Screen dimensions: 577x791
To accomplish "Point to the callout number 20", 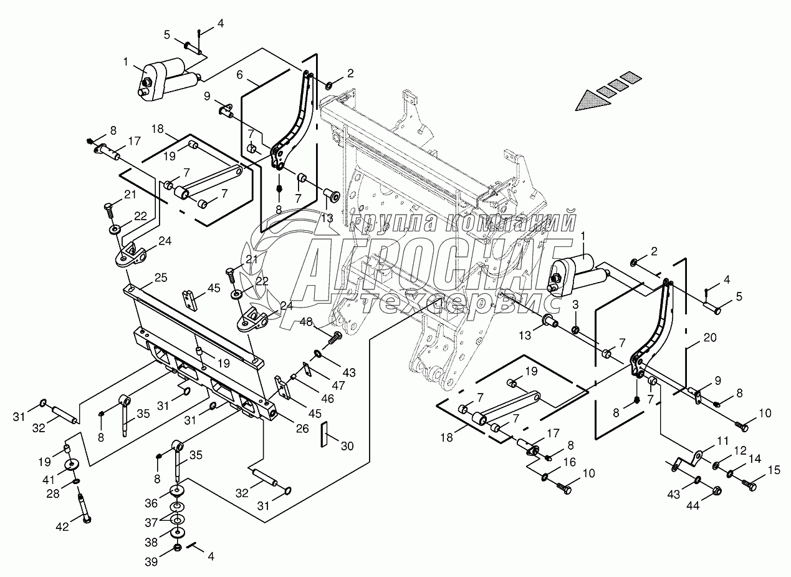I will (709, 337).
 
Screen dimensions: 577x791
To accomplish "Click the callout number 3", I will (576, 304).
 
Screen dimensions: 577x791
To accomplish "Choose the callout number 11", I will (722, 440).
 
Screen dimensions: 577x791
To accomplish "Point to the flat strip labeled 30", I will (324, 434).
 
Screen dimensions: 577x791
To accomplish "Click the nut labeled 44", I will (716, 490).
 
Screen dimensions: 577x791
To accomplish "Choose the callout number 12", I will (740, 450).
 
